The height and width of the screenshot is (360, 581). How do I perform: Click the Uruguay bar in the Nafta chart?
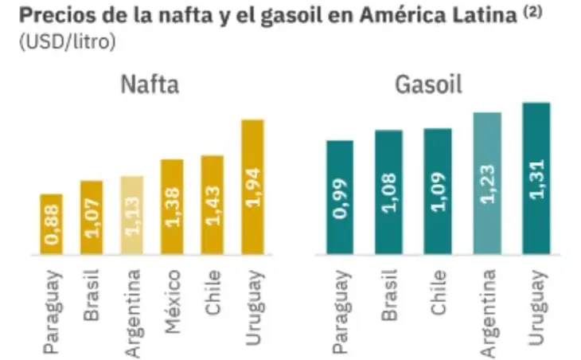[x=252, y=187]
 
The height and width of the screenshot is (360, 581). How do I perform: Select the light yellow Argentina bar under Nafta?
[x=131, y=215]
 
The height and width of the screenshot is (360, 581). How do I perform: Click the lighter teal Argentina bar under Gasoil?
[x=487, y=183]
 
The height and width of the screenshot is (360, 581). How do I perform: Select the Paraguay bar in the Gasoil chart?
[x=340, y=198]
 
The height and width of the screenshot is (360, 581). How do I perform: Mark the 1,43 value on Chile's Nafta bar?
[x=213, y=207]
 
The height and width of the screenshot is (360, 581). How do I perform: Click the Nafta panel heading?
[x=150, y=84]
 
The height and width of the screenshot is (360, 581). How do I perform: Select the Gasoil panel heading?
[x=427, y=84]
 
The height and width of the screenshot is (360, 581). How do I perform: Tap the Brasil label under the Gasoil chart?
[x=388, y=294]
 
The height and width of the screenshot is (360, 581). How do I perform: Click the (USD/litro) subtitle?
[x=64, y=41]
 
